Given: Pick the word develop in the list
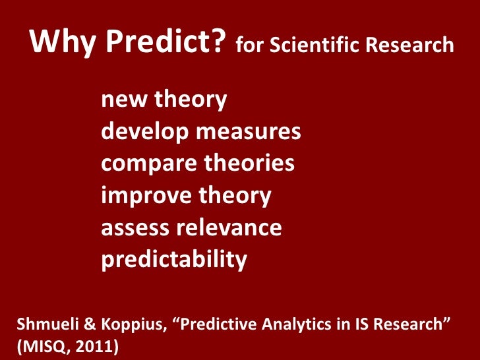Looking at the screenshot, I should click(x=142, y=133).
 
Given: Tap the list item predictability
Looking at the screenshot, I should click(x=174, y=260).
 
